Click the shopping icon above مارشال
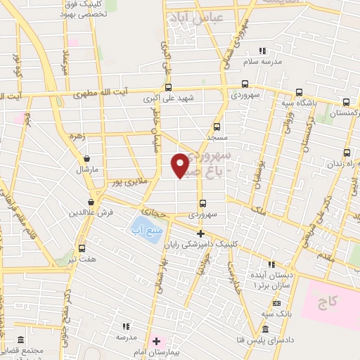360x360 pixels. (x=86, y=159)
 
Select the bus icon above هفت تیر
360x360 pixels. (x=82, y=248)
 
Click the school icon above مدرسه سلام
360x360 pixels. (x=263, y=51)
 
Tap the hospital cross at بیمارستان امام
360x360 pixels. (x=156, y=341)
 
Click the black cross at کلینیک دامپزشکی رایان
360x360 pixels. (x=200, y=233)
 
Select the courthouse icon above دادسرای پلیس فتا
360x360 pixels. (x=265, y=330)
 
